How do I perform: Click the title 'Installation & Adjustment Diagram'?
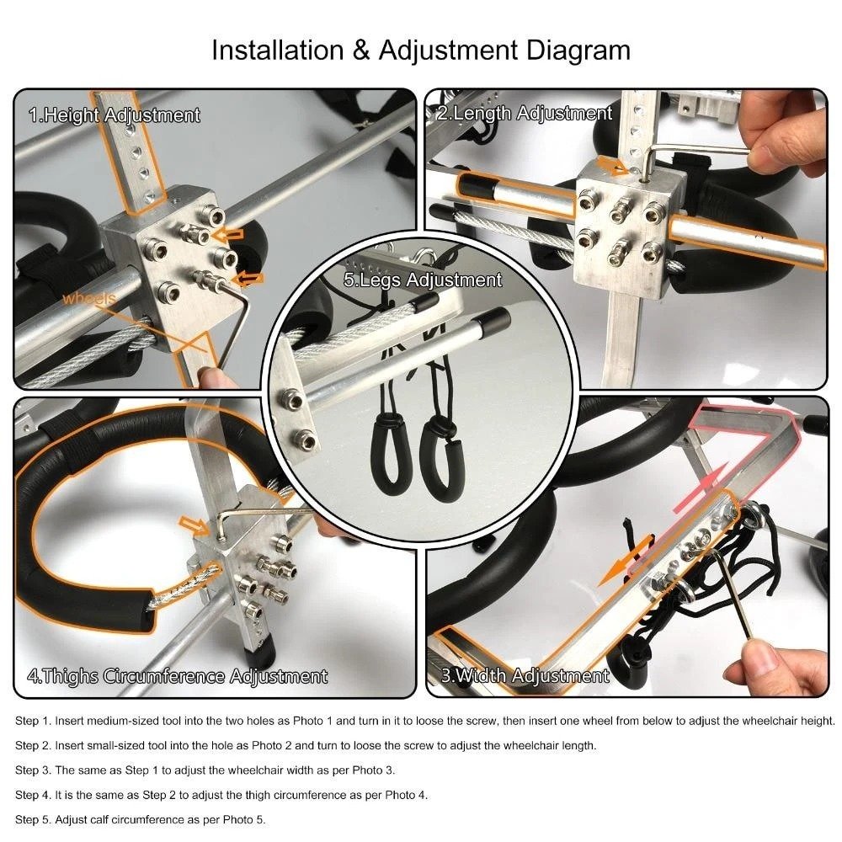click(420, 50)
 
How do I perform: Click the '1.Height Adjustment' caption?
click(115, 115)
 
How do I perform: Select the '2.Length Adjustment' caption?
click(524, 113)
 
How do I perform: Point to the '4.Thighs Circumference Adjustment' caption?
click(177, 675)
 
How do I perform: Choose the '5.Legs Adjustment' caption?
click(423, 280)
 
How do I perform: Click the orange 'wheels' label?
click(89, 298)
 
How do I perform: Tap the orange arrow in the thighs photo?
click(195, 527)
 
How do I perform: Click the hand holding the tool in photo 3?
click(779, 665)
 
